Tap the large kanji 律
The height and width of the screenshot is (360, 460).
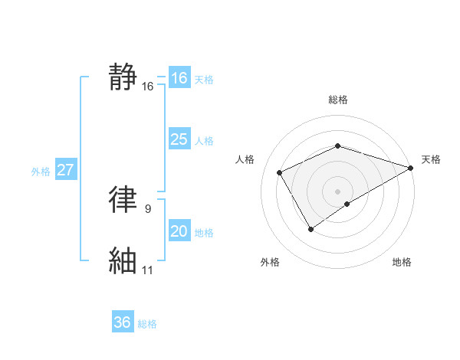click(x=123, y=199)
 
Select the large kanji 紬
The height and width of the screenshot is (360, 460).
click(x=123, y=260)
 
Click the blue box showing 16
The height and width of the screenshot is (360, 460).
click(x=179, y=78)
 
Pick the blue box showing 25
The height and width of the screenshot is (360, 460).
click(x=179, y=139)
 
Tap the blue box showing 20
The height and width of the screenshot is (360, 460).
click(x=179, y=231)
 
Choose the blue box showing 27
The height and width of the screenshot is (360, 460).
click(x=65, y=170)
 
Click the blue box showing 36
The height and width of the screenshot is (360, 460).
click(x=123, y=322)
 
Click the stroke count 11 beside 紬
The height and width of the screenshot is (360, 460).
click(x=148, y=270)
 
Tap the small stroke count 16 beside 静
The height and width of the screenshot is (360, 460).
click(x=148, y=87)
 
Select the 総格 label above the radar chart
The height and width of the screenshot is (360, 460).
click(x=337, y=100)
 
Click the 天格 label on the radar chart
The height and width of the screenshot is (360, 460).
click(x=431, y=159)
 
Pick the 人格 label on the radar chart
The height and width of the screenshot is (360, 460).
click(x=245, y=159)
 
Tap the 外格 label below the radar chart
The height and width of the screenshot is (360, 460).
click(x=270, y=262)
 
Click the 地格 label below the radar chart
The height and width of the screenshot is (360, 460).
click(x=402, y=262)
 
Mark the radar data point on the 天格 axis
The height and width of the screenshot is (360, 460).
click(x=411, y=167)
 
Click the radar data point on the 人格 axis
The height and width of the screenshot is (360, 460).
click(x=280, y=172)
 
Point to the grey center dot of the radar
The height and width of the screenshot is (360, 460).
click(x=337, y=191)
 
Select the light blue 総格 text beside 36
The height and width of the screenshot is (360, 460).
click(x=148, y=324)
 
